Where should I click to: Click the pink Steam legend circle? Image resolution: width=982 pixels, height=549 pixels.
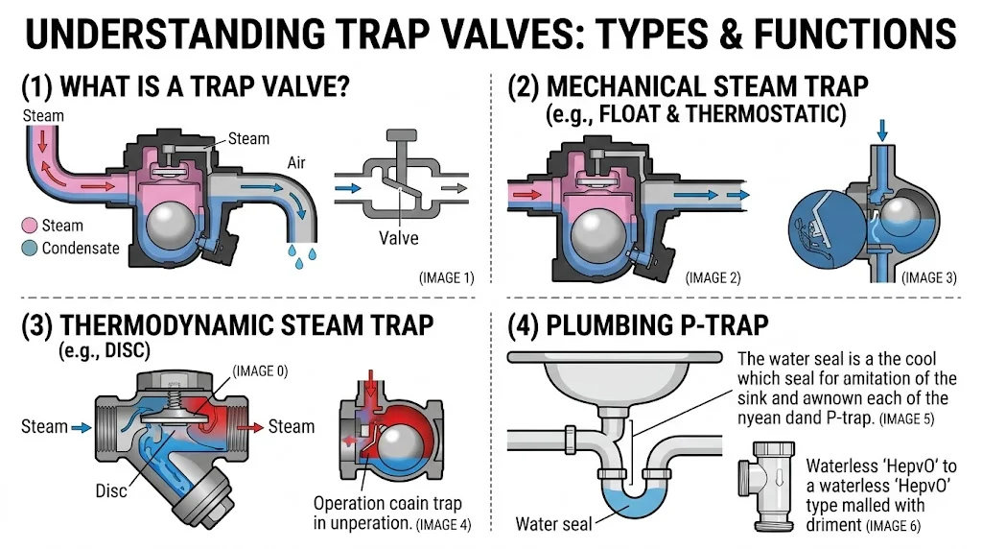(x=30, y=226)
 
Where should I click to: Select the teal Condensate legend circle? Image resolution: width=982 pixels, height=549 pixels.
(x=30, y=249)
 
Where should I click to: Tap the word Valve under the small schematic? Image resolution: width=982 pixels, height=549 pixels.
(x=398, y=238)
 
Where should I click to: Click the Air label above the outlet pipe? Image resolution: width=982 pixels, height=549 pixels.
(x=296, y=163)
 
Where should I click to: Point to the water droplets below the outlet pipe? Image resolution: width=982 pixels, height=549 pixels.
(x=301, y=255)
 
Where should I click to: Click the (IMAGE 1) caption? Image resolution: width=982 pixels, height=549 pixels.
(x=447, y=277)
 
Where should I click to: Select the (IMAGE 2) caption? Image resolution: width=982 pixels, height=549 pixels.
(x=713, y=277)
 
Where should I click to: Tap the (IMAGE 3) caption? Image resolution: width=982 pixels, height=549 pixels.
(x=928, y=277)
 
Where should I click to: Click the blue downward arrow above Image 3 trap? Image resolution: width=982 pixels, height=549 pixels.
(x=882, y=130)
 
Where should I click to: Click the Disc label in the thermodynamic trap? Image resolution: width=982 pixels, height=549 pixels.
(x=111, y=490)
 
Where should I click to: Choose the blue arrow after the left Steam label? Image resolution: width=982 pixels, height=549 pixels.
(x=82, y=427)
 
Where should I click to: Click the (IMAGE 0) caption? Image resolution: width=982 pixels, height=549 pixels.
(x=260, y=371)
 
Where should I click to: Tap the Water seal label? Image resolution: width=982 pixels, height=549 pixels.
(x=553, y=524)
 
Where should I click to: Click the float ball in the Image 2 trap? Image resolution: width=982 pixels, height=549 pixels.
(x=600, y=231)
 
